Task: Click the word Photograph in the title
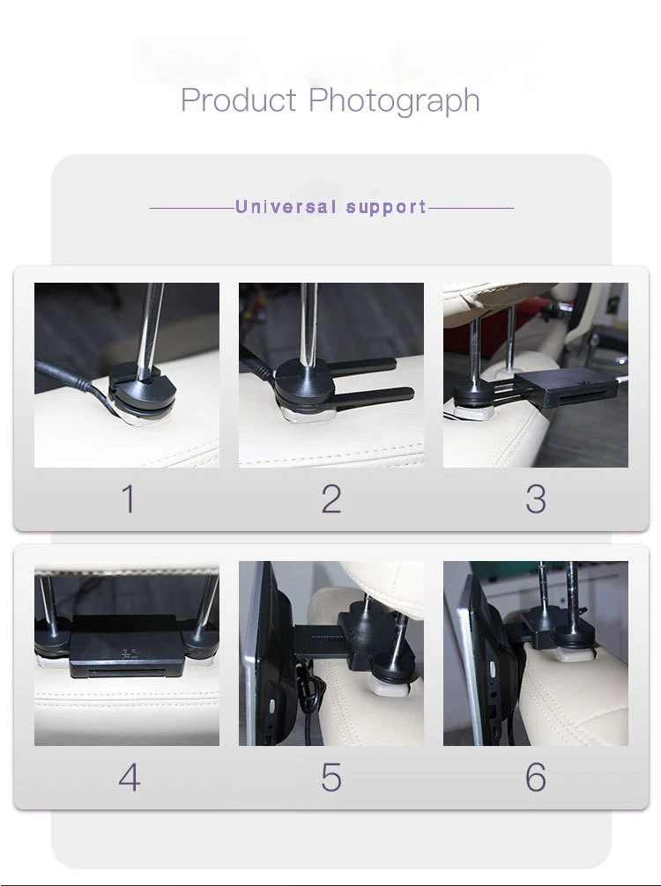[394, 101]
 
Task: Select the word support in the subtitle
[386, 208]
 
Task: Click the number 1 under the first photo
[129, 499]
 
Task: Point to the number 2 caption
[331, 499]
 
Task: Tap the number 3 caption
[536, 499]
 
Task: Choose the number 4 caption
[130, 778]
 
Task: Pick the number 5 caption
[331, 778]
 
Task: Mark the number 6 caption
[536, 778]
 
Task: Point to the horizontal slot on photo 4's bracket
[127, 671]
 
